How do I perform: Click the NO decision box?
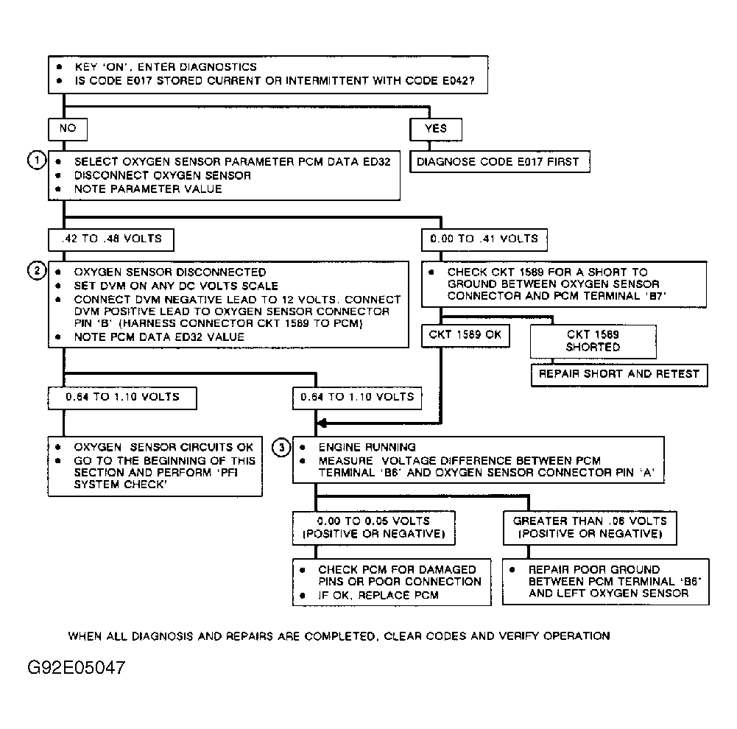(67, 129)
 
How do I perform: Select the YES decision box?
(436, 129)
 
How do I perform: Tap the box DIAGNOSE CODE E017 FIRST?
(498, 162)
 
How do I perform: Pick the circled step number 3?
(281, 447)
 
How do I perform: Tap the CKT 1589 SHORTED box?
(593, 340)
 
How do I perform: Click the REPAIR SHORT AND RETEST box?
(618, 374)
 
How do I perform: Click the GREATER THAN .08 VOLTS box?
(589, 527)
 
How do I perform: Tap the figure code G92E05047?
(76, 669)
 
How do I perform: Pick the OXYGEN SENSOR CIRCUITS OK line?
(163, 447)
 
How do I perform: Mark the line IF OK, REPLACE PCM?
(378, 594)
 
